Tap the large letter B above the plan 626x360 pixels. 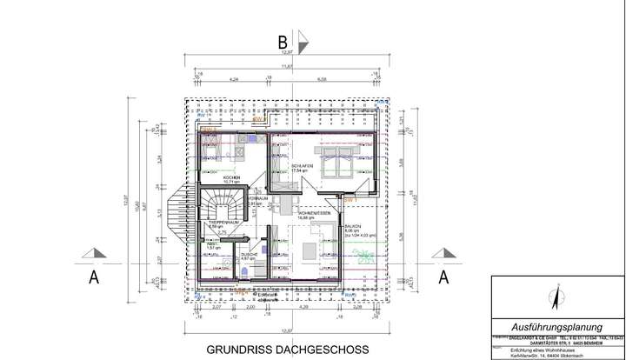tap(282, 40)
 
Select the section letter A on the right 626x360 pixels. tap(443, 277)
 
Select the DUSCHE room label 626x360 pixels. tap(246, 254)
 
